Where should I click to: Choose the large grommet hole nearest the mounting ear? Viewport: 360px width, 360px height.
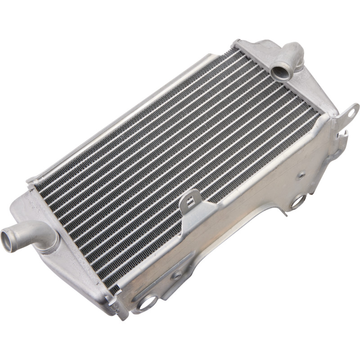pyautogui.click(x=297, y=202)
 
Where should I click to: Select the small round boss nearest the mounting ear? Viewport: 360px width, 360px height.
pyautogui.click(x=301, y=175)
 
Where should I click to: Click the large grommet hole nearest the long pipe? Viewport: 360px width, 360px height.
pyautogui.click(x=146, y=302)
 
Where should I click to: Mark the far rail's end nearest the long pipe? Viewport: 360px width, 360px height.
pyautogui.click(x=31, y=180)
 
